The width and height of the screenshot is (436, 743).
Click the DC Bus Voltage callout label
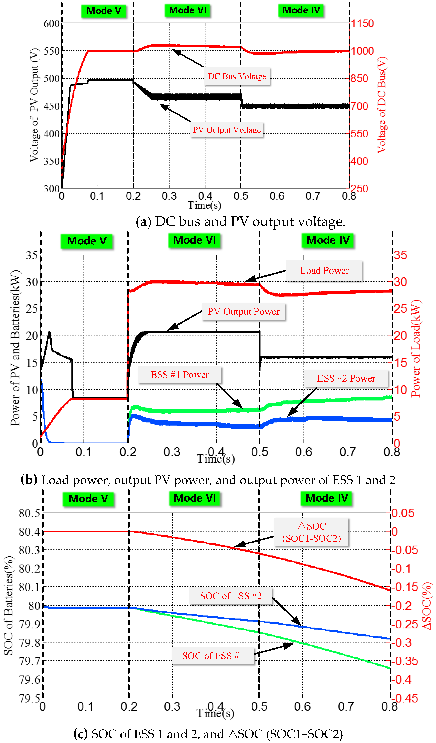tap(237, 76)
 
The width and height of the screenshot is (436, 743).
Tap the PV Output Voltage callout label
tap(227, 130)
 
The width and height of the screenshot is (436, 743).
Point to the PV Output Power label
tap(243, 312)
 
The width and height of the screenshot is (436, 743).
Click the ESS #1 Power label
tap(180, 375)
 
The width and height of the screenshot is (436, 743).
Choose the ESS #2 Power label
tap(346, 379)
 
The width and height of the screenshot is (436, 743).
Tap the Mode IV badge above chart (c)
tap(326, 498)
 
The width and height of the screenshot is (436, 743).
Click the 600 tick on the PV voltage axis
tap(52, 24)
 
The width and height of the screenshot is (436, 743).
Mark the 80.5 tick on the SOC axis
tap(29, 513)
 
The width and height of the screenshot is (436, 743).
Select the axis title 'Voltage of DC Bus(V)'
tap(382, 105)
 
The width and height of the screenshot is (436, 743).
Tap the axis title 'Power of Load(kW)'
tap(416, 348)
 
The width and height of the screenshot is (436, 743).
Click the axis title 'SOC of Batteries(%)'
tap(9, 606)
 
